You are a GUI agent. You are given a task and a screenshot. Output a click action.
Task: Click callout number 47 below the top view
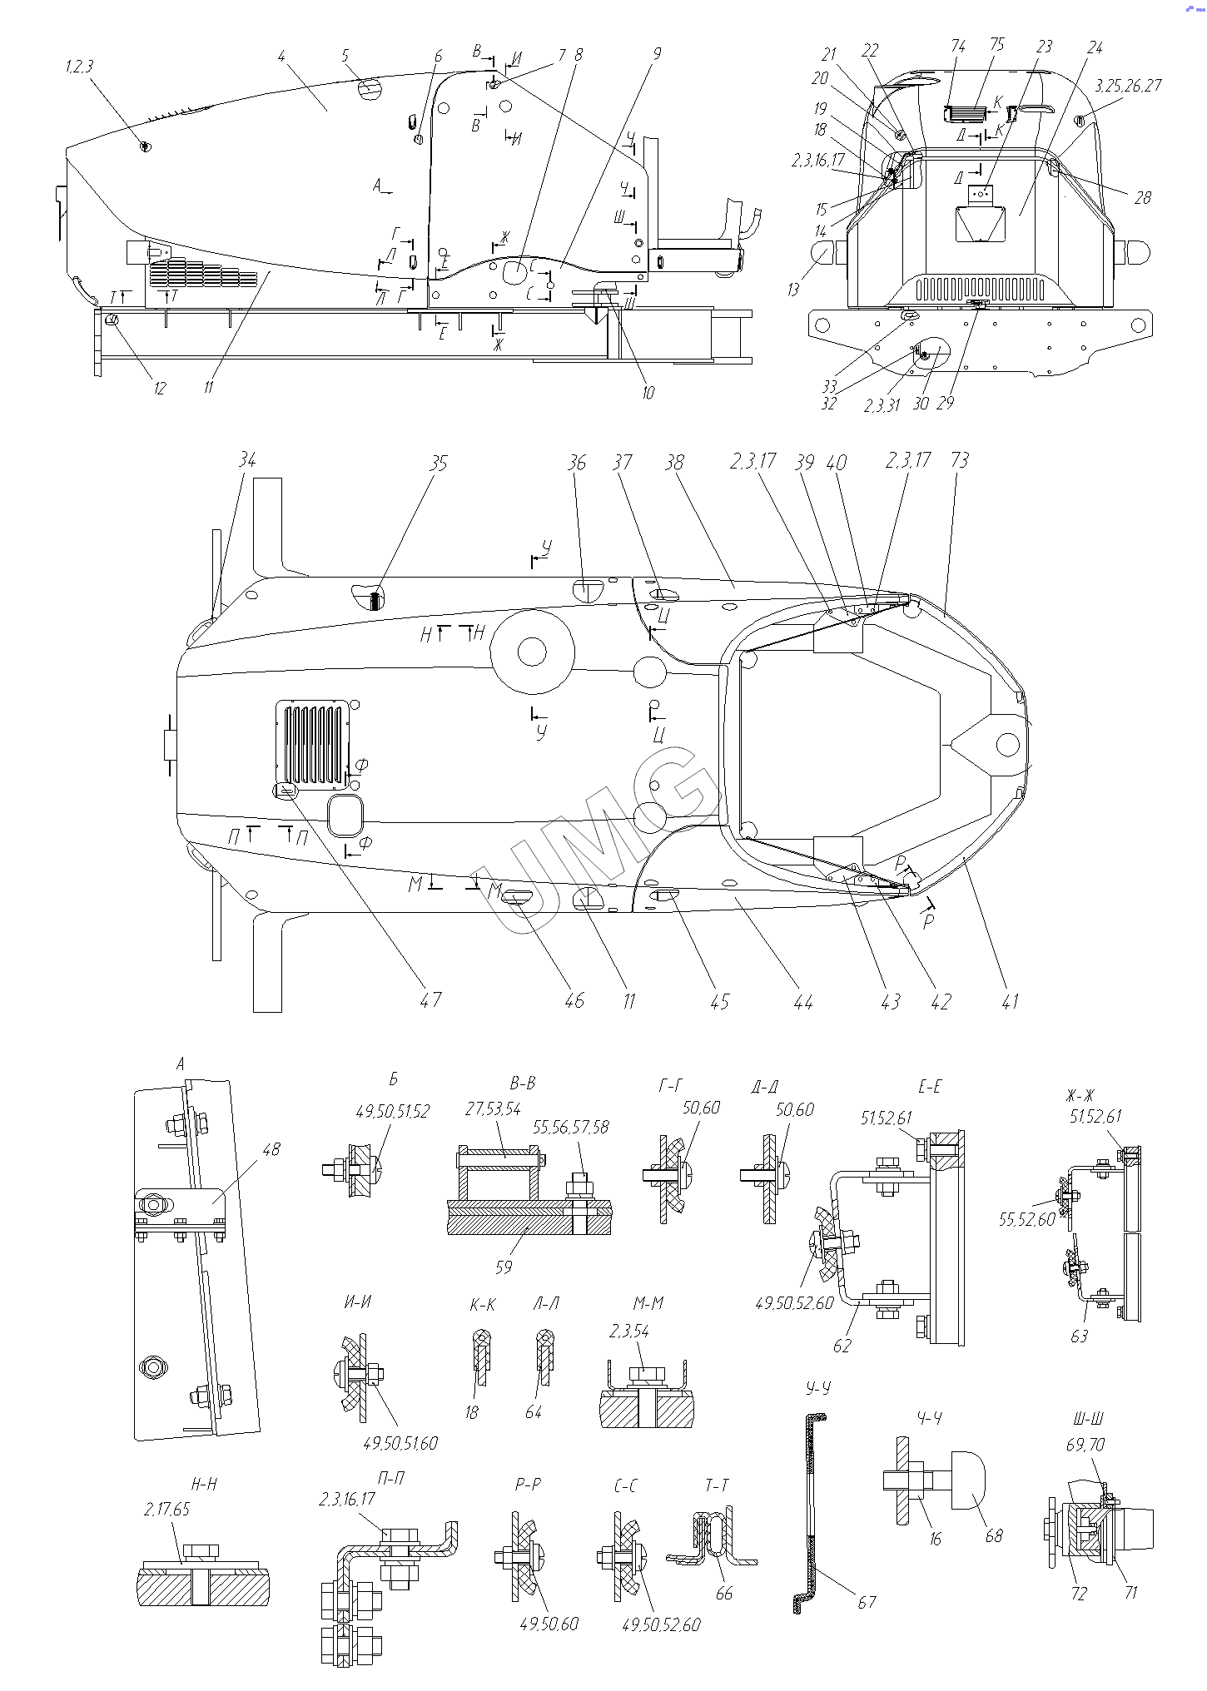[x=430, y=1000]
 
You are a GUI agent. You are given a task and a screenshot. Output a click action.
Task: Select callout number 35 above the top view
[x=439, y=463]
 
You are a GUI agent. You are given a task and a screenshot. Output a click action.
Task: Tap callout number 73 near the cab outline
[x=960, y=460]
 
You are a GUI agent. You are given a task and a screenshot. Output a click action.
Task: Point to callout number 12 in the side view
[x=160, y=388]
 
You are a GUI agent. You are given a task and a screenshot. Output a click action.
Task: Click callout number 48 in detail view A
[x=271, y=1149]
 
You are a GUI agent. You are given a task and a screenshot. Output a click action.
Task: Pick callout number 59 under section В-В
[x=503, y=1267]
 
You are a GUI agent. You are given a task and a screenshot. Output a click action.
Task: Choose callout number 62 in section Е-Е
[x=842, y=1346]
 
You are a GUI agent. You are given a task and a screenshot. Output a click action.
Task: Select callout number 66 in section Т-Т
[x=724, y=1593]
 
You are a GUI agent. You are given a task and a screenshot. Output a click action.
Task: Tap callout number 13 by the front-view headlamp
[x=793, y=290]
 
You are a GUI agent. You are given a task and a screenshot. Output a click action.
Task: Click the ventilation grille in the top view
[x=312, y=746]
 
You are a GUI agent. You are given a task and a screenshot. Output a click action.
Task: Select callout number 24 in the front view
[x=1095, y=47]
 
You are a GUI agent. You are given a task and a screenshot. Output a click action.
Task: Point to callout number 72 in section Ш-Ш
[x=1079, y=1594]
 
